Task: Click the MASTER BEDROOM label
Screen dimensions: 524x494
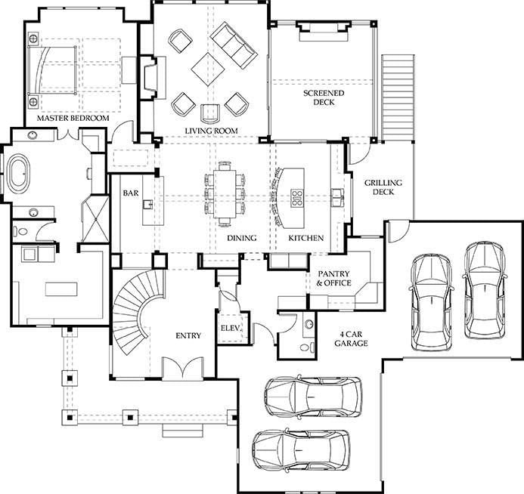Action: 73,118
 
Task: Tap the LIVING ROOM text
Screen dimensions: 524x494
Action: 211,131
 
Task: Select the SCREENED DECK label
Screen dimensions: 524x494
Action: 324,97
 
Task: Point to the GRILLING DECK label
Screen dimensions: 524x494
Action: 383,187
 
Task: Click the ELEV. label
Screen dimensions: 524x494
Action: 231,328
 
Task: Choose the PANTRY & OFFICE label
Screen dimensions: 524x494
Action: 333,279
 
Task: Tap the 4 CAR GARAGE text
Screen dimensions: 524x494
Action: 352,338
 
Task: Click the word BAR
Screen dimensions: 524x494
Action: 130,193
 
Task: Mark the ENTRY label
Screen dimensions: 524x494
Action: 188,335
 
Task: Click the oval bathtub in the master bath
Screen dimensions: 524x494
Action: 19,173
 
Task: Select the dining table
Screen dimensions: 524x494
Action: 225,193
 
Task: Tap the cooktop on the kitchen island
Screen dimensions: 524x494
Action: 296,198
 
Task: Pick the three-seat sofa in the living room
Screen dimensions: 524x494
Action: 234,45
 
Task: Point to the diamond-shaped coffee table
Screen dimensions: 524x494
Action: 208,69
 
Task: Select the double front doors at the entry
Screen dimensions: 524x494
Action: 182,369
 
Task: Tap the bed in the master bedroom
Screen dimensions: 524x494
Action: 52,70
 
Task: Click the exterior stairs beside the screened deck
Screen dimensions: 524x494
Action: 398,97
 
